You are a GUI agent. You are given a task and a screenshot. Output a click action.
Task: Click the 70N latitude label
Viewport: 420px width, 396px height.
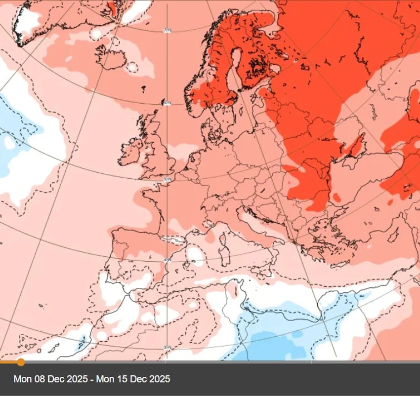168,31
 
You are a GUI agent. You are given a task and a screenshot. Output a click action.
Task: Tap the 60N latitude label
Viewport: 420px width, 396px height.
167,103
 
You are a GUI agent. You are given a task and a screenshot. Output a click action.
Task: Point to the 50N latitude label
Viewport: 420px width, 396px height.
167,180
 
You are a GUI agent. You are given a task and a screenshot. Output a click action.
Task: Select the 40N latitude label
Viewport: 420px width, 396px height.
167,260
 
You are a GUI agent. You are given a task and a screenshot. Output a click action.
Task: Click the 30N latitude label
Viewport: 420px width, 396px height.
167,347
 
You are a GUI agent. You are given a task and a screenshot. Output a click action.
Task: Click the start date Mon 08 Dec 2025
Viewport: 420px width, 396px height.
51,379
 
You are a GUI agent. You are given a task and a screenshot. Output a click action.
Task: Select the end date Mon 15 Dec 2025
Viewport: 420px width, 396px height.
133,379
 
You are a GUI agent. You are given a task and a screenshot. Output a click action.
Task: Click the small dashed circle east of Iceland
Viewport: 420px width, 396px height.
132,67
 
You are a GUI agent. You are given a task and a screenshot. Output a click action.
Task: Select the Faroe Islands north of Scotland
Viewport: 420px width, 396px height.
143,89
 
